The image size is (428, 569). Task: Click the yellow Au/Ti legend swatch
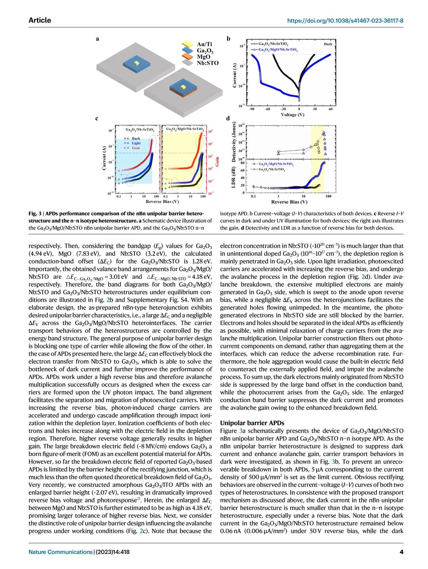click(x=187, y=45)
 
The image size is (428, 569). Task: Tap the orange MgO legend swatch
click(x=187, y=56)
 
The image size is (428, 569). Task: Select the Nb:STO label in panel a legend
click(x=208, y=63)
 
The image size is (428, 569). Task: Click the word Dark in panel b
click(x=328, y=44)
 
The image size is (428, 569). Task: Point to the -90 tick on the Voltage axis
click(x=252, y=109)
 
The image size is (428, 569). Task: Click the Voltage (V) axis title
click(x=292, y=115)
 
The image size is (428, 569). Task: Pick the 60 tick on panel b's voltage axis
click(x=331, y=109)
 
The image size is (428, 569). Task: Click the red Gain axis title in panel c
click(x=217, y=161)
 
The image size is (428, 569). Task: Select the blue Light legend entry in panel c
click(x=136, y=143)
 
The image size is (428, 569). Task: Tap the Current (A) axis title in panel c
click(x=104, y=158)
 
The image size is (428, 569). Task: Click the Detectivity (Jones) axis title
click(x=233, y=142)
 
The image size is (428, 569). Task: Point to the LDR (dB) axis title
click(x=233, y=177)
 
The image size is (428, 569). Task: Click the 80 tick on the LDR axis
click(x=243, y=163)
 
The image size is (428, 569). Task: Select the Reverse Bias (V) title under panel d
click(x=289, y=202)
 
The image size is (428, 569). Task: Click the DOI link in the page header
click(x=345, y=21)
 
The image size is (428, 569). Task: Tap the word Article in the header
click(x=40, y=20)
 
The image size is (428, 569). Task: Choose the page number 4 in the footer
click(x=401, y=552)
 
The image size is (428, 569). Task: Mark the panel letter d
click(x=228, y=118)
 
